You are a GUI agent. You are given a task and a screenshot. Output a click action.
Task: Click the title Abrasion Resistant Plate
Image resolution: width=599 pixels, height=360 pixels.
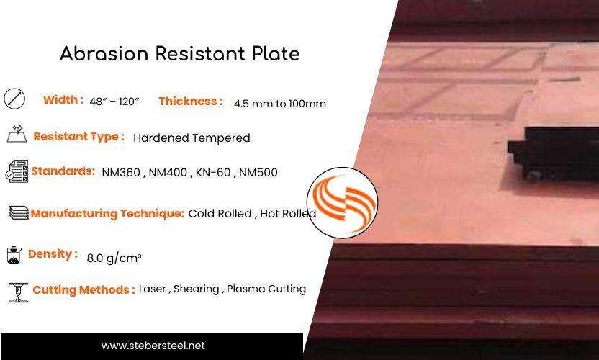[x=179, y=53]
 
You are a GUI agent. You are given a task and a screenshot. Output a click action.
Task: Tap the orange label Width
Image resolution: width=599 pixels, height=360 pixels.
[x=63, y=100]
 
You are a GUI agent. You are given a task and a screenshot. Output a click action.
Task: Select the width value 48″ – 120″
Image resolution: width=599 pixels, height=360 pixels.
[x=114, y=103]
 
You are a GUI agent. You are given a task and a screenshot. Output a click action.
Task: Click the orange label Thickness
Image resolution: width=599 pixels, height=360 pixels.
[x=190, y=102]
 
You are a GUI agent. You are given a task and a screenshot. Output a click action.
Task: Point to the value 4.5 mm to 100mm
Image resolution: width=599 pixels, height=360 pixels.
[x=279, y=104]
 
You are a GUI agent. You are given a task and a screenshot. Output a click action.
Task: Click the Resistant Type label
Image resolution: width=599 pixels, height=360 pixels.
[x=78, y=137]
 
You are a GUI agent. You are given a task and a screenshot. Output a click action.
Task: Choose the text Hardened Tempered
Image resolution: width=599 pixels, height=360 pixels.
[x=192, y=138]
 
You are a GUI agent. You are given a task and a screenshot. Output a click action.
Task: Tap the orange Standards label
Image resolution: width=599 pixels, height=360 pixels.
[x=63, y=171]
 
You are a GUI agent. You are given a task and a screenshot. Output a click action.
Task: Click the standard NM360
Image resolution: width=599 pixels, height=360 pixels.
[x=122, y=173]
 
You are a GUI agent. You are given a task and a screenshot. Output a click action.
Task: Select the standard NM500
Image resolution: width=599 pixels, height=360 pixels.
[x=258, y=173]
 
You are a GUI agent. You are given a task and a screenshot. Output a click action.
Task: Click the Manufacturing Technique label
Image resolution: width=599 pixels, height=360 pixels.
[x=107, y=213]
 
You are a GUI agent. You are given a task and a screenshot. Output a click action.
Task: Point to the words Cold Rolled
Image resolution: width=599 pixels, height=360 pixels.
[x=220, y=214]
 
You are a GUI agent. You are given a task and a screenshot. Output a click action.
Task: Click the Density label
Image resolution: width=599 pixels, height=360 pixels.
[x=53, y=254]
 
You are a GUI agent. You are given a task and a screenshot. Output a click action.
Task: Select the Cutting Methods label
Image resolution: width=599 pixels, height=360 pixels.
[x=84, y=290]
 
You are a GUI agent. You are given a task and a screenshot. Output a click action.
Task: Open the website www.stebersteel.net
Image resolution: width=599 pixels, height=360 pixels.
[x=153, y=346]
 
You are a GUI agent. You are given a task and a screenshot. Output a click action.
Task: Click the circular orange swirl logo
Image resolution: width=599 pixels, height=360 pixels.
[x=343, y=202]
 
